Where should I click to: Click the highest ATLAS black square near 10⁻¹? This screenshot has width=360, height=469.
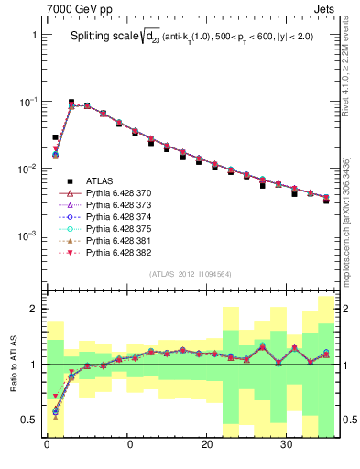pyautogui.click(x=71, y=103)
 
